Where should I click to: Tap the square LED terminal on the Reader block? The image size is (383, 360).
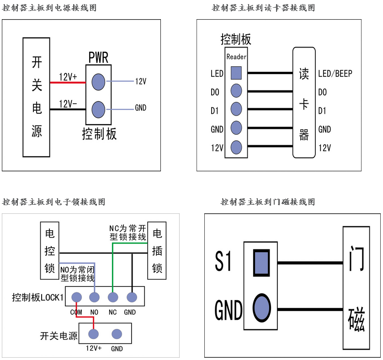[236, 73]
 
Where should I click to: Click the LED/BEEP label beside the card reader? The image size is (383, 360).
[335, 74]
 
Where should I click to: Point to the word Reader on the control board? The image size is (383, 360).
[236, 57]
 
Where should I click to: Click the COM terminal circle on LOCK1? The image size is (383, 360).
[76, 297]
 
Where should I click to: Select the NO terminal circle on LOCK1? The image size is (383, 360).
[95, 297]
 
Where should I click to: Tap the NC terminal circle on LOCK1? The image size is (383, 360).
[113, 297]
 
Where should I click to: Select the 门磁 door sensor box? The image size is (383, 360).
[356, 287]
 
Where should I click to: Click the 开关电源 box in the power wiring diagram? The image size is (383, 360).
[37, 97]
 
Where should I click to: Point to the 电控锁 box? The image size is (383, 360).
[49, 251]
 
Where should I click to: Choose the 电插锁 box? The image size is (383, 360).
[157, 251]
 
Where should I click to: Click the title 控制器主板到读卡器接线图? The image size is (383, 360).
[263, 8]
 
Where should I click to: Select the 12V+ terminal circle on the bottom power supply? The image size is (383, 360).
[94, 334]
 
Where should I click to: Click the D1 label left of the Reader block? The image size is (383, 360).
[215, 111]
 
